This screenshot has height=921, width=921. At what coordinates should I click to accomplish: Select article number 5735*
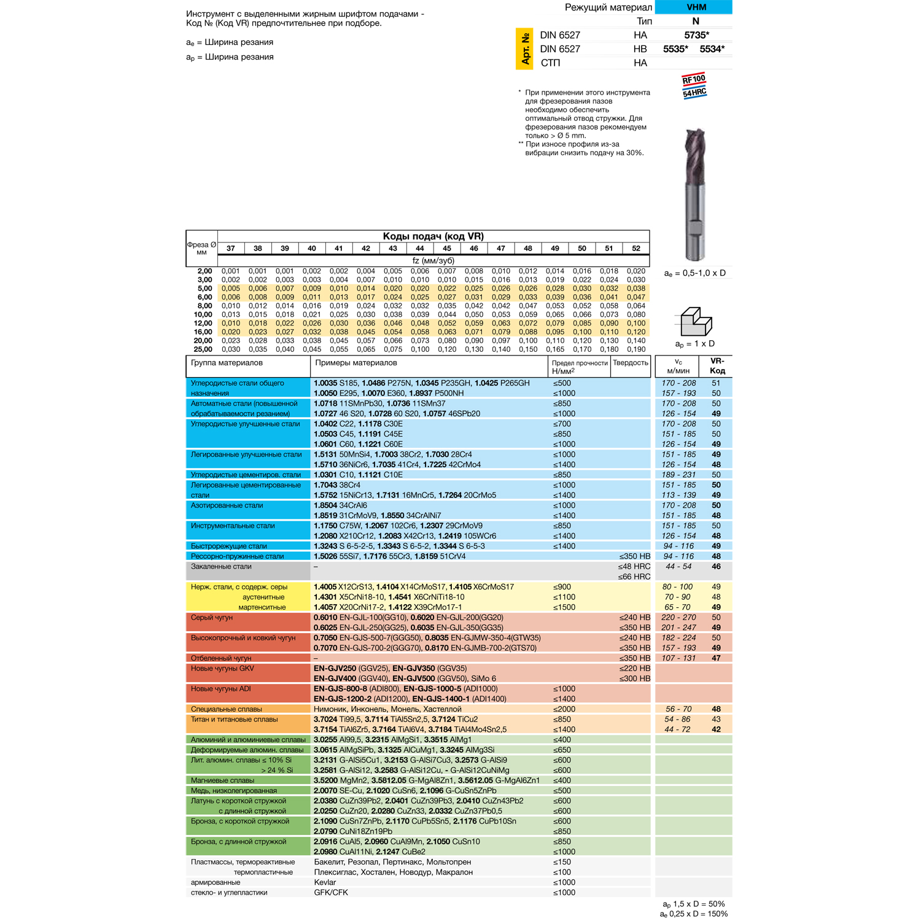[696, 36]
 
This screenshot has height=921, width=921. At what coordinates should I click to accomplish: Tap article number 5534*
[712, 49]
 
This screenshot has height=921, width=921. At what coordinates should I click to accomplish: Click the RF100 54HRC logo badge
[694, 86]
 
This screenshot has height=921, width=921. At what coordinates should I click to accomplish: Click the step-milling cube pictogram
[696, 321]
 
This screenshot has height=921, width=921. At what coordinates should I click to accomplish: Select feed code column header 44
[419, 249]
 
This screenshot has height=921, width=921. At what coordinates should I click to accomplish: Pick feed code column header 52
[635, 249]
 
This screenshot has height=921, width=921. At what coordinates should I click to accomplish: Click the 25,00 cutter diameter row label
[203, 349]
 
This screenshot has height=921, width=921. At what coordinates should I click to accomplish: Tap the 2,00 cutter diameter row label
[204, 271]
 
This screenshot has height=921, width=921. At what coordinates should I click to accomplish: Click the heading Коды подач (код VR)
[433, 236]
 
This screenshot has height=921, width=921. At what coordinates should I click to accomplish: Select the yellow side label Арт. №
[525, 49]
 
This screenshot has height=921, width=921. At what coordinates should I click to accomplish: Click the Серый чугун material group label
[212, 618]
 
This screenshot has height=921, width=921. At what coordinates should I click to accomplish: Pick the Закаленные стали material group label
[221, 567]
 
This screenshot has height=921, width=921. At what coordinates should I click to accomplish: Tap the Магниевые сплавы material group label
[222, 780]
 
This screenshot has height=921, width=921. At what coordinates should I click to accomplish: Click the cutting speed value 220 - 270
[678, 618]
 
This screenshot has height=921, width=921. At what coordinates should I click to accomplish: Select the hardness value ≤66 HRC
[634, 577]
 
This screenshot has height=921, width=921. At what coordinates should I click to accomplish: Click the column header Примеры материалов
[356, 363]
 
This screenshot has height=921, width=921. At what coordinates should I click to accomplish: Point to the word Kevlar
[325, 882]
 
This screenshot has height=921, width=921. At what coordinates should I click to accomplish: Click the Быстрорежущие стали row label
[228, 546]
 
